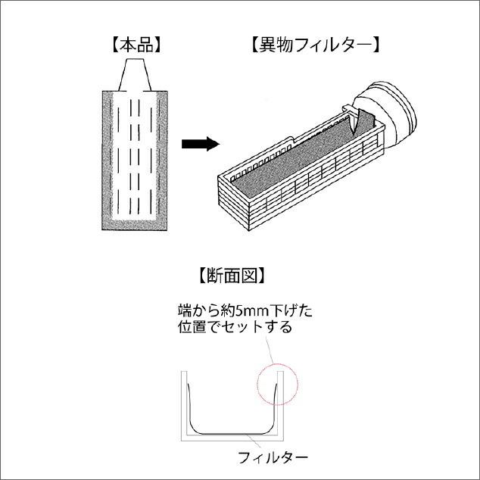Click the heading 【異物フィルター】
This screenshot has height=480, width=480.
[316, 45]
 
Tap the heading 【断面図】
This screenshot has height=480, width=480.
[232, 275]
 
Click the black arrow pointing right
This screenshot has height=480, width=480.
[201, 144]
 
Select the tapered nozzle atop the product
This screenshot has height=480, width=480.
[135, 75]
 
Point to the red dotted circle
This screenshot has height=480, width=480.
[277, 384]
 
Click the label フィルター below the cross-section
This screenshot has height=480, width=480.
[273, 458]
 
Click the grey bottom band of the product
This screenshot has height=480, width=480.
[135, 225]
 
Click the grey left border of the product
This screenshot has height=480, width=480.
[108, 160]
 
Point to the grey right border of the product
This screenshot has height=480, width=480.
[162, 160]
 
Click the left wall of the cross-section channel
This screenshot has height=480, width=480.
[184, 406]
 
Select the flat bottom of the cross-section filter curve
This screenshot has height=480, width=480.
[232, 434]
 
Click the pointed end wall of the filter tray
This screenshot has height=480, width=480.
[234, 204]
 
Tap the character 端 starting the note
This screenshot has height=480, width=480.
[185, 311]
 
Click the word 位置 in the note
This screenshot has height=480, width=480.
[192, 327]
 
